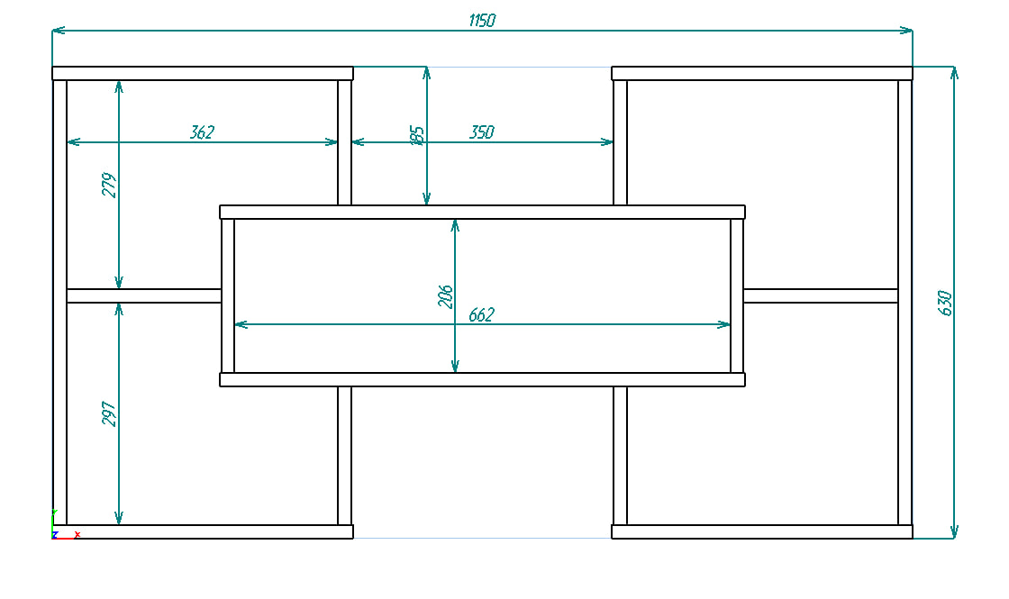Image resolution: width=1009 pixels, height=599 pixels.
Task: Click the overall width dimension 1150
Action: click(x=482, y=21)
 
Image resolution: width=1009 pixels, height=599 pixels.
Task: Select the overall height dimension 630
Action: click(x=945, y=303)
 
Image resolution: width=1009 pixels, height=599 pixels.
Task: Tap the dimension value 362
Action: click(x=202, y=132)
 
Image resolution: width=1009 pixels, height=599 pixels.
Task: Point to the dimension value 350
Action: click(x=482, y=132)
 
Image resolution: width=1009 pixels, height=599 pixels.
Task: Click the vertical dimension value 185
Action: click(x=416, y=136)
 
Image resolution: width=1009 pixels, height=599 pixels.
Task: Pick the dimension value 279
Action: click(x=110, y=186)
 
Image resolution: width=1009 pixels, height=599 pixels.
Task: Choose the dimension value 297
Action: click(x=110, y=413)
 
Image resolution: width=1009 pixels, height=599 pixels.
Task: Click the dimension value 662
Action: click(x=482, y=315)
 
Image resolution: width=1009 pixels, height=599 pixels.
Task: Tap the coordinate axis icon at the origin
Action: click(x=56, y=529)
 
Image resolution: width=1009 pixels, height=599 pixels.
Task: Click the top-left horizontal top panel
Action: click(x=202, y=73)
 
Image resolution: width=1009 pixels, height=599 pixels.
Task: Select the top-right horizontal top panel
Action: click(x=762, y=73)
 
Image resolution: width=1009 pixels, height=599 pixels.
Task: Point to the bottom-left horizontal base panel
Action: click(x=204, y=532)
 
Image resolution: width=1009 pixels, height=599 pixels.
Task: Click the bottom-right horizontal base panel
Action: click(x=762, y=532)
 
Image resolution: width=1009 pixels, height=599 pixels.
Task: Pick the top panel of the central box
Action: click(x=482, y=212)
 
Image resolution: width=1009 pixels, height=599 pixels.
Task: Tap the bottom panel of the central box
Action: click(x=482, y=380)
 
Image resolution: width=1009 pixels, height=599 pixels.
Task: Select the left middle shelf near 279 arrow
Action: click(x=144, y=295)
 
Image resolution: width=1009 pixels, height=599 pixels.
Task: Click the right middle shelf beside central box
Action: click(x=821, y=295)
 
